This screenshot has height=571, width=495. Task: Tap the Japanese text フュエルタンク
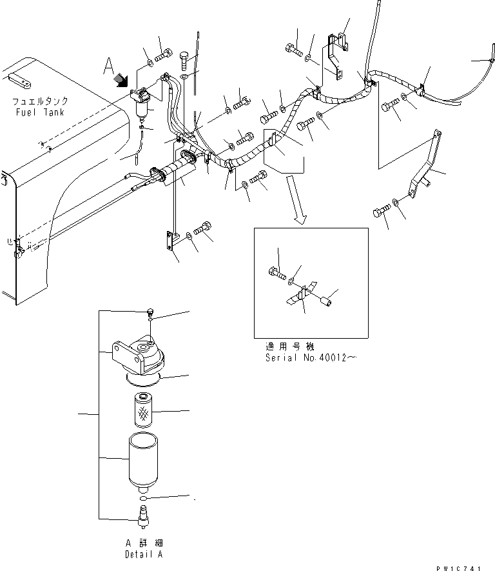pyautogui.click(x=39, y=101)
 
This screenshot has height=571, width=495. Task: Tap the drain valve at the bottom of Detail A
pyautogui.click(x=144, y=515)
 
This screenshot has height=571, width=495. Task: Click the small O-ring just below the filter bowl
pyautogui.click(x=143, y=498)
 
